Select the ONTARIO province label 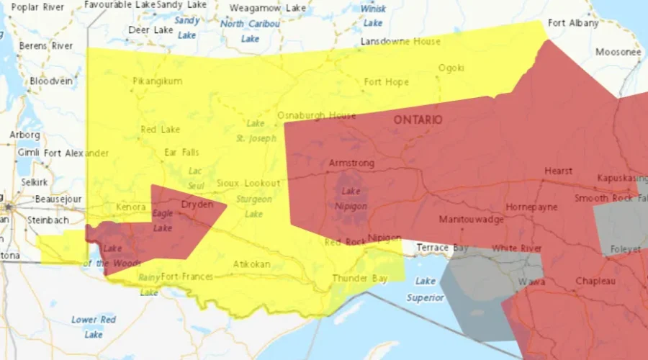[418, 120]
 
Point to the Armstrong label [351, 163]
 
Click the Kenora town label [131, 208]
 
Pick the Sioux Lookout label [248, 184]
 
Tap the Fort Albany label [573, 23]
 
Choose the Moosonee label [618, 53]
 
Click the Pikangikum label [157, 81]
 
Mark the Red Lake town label [160, 130]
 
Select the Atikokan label [251, 264]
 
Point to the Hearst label [559, 171]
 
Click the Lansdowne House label [400, 42]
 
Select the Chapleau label [595, 281]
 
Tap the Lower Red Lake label [94, 327]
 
